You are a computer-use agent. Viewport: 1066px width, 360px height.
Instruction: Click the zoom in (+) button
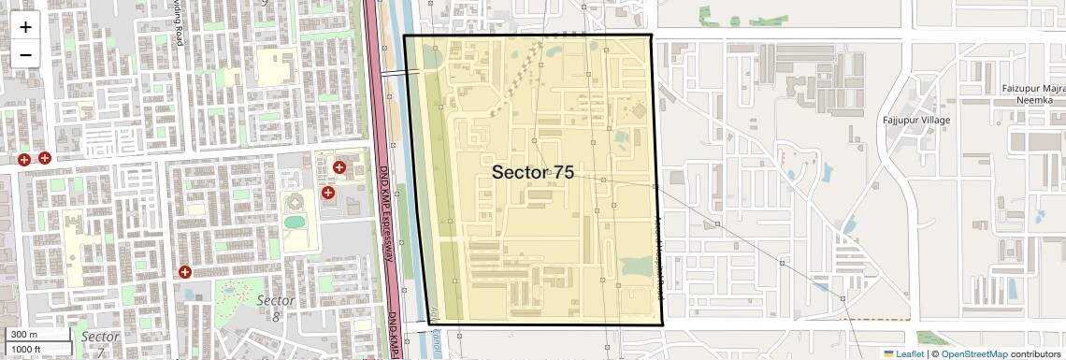point(25,26)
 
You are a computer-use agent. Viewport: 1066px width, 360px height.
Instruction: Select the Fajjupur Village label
point(916,121)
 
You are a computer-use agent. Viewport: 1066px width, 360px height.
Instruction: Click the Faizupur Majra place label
point(1034,88)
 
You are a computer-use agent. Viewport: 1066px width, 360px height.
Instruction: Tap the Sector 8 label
point(275,309)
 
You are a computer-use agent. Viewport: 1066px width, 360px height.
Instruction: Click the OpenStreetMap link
point(974,353)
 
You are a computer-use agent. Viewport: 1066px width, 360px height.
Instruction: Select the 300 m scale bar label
point(24,335)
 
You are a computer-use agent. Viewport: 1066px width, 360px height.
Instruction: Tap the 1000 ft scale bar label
point(28,348)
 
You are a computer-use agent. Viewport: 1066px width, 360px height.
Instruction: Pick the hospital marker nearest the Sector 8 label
point(185,272)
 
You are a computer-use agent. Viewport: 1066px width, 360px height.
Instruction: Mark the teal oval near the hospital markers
point(295,223)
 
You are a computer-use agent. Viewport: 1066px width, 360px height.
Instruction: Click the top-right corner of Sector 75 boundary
point(651,36)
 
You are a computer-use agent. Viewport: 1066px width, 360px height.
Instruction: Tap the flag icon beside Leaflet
point(888,353)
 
